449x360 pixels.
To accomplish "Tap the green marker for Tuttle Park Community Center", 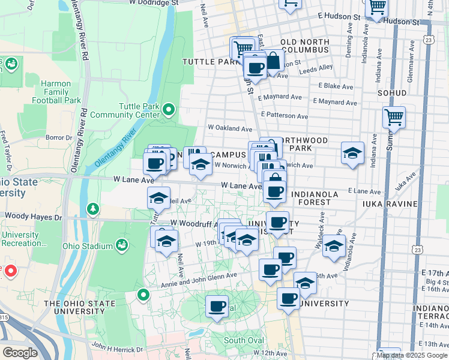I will (169, 109).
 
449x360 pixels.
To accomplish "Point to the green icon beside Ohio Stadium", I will (122, 245).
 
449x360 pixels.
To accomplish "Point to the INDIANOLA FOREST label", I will (319, 199).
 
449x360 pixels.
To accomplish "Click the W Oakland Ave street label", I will (230, 128).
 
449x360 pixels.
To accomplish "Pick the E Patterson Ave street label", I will (285, 115).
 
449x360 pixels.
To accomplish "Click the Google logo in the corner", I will (20, 353).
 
